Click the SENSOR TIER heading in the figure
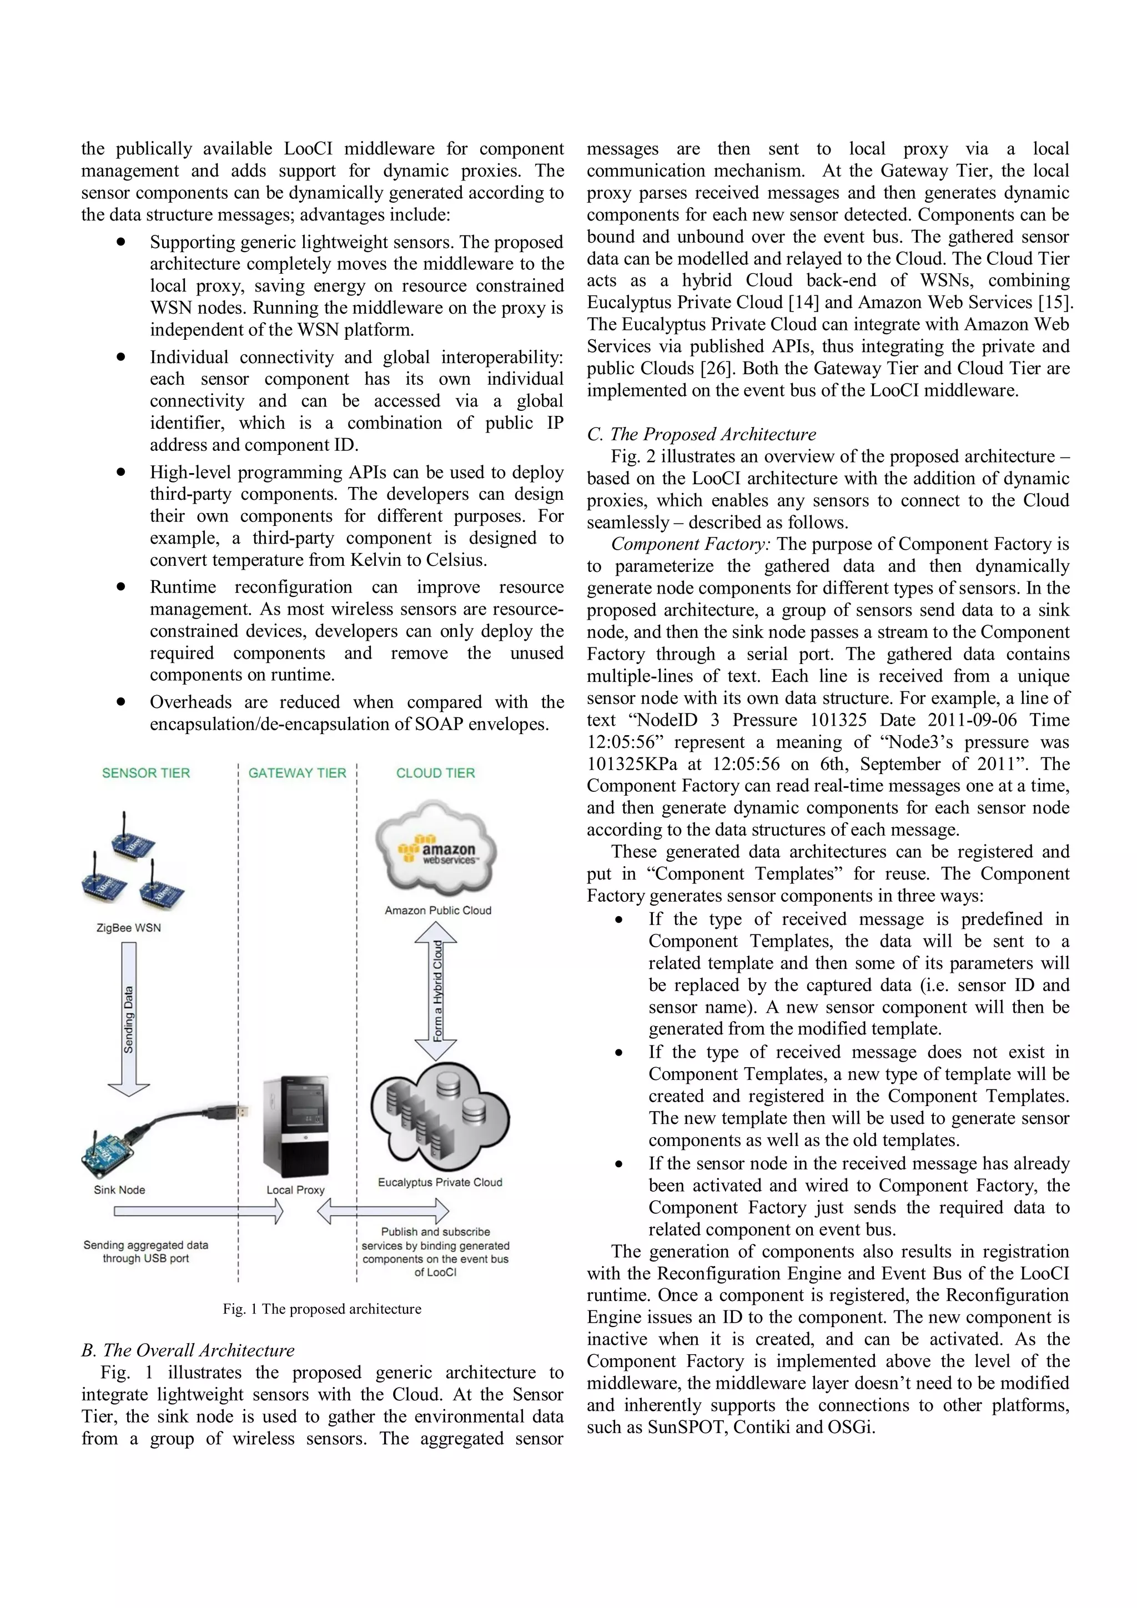[x=145, y=773]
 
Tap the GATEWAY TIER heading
[x=297, y=773]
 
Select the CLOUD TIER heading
[x=435, y=773]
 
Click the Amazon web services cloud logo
[x=437, y=850]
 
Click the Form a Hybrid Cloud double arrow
[x=437, y=991]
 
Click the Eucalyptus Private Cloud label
[x=440, y=1182]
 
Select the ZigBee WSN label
[x=128, y=928]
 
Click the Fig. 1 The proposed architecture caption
[x=322, y=1309]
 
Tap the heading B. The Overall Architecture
[x=188, y=1350]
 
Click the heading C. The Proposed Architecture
[x=702, y=434]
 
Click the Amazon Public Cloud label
[x=437, y=911]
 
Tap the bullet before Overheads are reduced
[x=121, y=701]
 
